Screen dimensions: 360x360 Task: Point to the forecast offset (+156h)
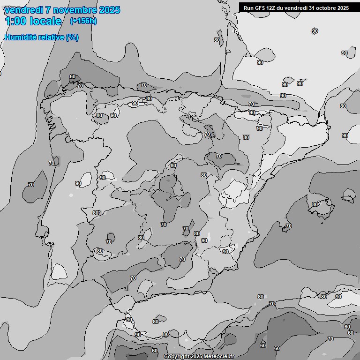pos(83,21)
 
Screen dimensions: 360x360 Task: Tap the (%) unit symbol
pos(72,37)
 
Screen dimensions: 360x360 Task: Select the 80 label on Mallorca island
pos(315,204)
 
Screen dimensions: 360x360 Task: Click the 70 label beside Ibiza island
pos(289,226)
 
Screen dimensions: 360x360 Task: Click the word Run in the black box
pos(248,8)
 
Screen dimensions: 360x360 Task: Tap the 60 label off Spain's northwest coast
pos(72,76)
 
